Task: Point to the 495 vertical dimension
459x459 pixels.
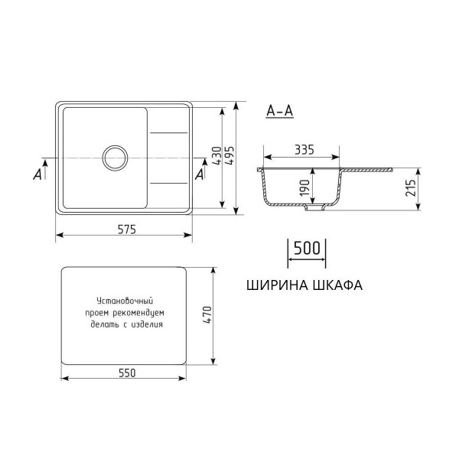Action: coord(231,158)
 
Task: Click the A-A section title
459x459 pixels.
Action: coord(278,111)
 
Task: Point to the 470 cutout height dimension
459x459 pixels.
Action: coord(205,314)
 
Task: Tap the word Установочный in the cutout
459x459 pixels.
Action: coord(125,301)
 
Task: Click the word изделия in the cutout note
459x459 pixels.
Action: coord(147,324)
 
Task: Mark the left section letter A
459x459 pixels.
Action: coord(37,174)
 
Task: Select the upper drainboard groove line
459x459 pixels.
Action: coord(168,134)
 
